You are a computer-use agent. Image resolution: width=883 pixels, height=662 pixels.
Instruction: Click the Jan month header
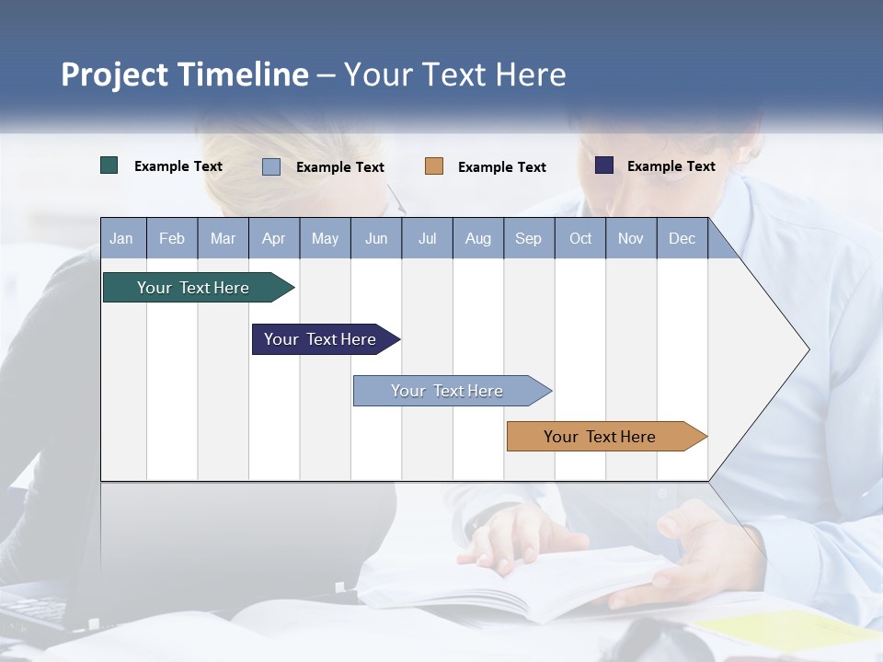point(122,238)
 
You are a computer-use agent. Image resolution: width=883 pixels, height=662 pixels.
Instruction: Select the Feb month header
point(172,238)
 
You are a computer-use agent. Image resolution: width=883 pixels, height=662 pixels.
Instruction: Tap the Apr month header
point(274,238)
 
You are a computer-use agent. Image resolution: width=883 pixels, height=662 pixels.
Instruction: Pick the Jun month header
point(376,238)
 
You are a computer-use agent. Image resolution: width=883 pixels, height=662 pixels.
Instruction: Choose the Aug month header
point(478,238)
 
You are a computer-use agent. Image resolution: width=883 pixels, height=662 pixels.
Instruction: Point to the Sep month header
point(529,238)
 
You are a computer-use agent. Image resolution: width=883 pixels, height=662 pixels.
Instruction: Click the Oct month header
point(580,238)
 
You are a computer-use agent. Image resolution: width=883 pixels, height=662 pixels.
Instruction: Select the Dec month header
point(682,238)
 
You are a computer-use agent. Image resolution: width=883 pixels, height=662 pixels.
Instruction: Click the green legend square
point(109,165)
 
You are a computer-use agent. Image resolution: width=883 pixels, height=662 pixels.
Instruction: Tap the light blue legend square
point(271,166)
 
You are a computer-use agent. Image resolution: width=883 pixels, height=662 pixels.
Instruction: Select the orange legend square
point(434,166)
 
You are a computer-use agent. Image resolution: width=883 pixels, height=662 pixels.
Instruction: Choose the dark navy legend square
point(604,165)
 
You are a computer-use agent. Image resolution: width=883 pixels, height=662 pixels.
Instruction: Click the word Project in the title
point(114,74)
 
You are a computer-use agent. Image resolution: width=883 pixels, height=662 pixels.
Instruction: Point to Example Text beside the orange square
point(502,167)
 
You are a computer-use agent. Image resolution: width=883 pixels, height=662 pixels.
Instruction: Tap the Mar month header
point(223,238)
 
